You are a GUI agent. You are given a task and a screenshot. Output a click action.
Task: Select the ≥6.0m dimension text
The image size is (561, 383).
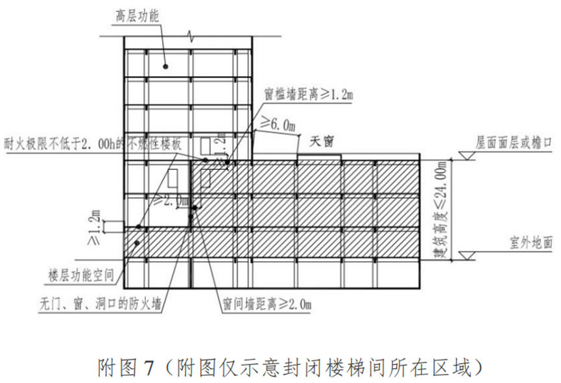coord(277,124)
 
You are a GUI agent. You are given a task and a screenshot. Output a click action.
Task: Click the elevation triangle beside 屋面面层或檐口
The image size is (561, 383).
coord(465,155)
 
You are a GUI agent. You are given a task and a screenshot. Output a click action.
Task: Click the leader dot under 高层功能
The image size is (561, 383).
coord(166,65)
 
